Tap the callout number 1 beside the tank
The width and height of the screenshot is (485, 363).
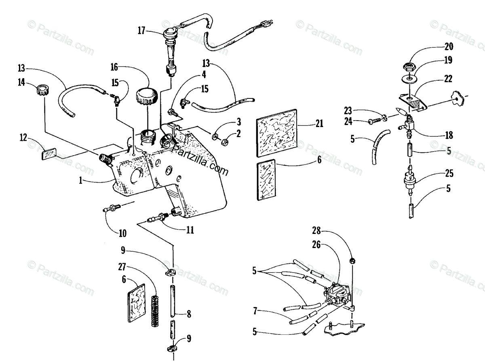coord(81,181)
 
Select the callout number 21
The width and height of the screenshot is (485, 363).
coord(320,124)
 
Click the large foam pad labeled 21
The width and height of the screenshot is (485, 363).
coord(278,136)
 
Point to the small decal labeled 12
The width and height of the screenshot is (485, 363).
coord(49,154)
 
